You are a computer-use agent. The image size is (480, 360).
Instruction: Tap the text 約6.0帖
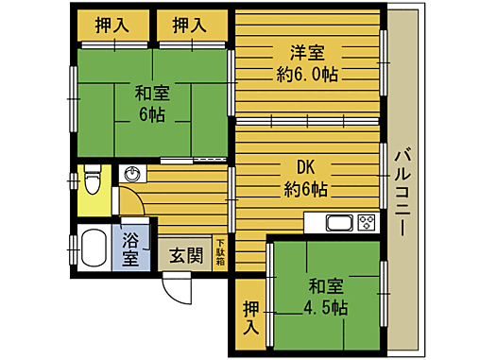pyautogui.click(x=307, y=74)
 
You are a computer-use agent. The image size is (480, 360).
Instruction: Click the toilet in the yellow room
pyautogui.click(x=92, y=179)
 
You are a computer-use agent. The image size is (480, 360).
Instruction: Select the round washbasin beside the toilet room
pyautogui.click(x=132, y=175)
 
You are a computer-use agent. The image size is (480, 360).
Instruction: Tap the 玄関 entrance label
pyautogui.click(x=185, y=255)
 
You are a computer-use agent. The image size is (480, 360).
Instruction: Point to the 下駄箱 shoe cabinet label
pyautogui.click(x=220, y=251)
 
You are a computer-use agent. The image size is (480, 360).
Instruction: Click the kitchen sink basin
pyautogui.click(x=338, y=223)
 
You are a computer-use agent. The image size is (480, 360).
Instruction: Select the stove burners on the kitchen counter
pyautogui.click(x=365, y=223)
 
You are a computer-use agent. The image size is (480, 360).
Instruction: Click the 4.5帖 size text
pyautogui.click(x=325, y=308)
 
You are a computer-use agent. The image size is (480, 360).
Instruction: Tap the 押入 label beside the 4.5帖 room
pyautogui.click(x=249, y=317)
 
